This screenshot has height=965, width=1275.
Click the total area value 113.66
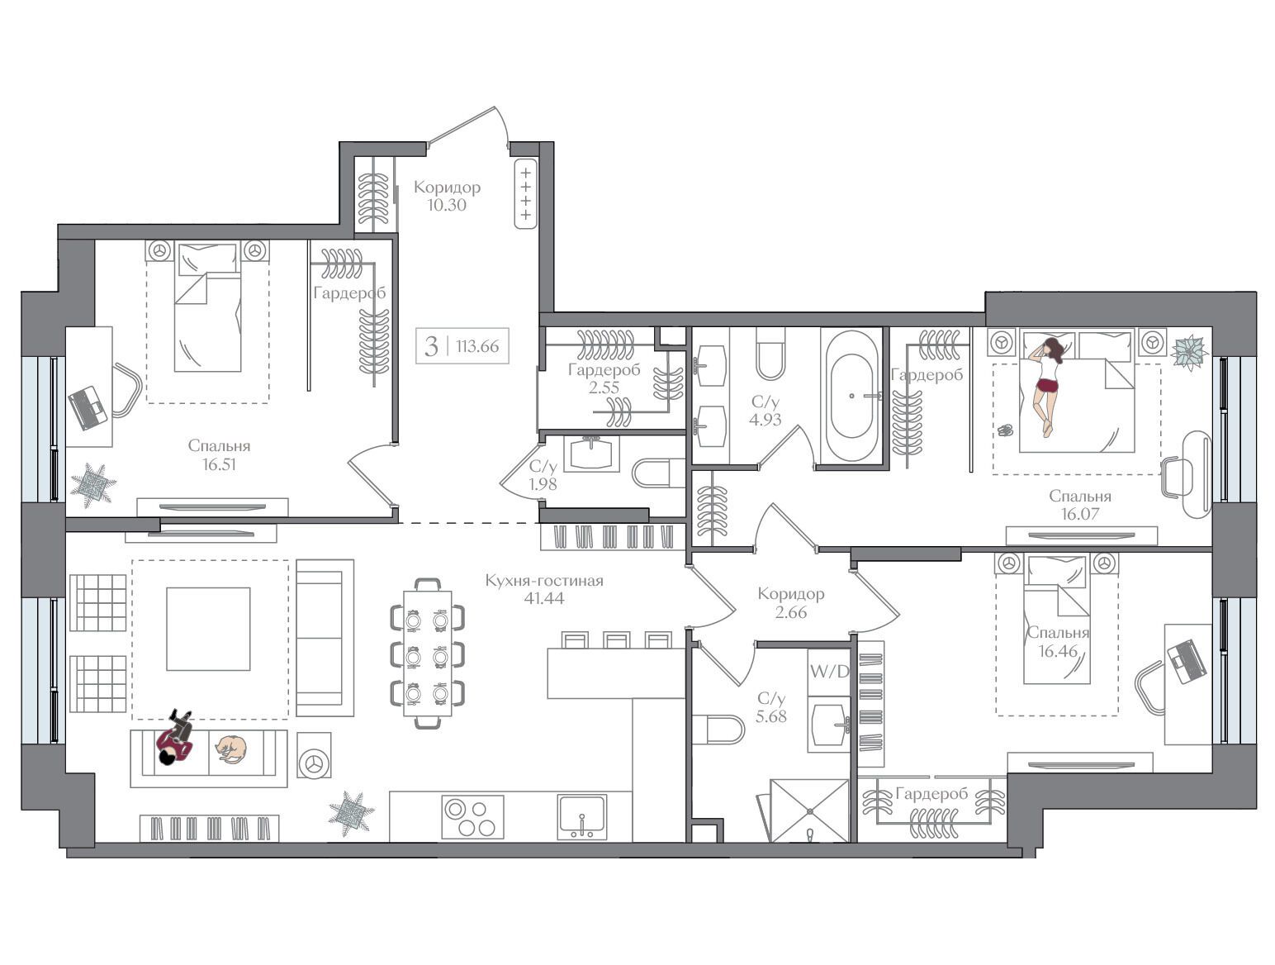coord(477,346)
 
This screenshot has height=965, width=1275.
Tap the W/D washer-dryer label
coord(829,672)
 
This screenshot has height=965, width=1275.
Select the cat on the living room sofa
coord(232,749)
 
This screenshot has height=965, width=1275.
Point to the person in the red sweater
coord(175,738)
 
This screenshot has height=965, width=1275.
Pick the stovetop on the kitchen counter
coord(472,817)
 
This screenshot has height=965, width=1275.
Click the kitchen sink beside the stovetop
coord(581,817)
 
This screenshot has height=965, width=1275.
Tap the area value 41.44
coord(543,598)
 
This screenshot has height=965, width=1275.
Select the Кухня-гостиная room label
coord(544,580)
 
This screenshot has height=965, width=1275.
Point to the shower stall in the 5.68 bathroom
coord(809,811)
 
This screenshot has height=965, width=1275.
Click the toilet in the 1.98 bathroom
coord(659,473)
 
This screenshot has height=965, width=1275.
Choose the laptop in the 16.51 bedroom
coord(88,407)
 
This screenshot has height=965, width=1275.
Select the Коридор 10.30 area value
coord(447,205)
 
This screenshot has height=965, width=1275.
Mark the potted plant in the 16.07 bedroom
coord(1189,352)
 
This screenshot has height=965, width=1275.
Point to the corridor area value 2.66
coord(790,611)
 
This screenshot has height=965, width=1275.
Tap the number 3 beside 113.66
coord(431,346)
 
